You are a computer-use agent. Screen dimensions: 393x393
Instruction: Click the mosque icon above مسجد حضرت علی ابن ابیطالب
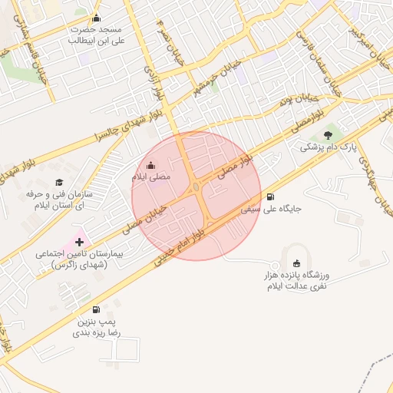click(x=96, y=19)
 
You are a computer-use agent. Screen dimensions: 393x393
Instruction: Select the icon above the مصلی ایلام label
click(x=150, y=165)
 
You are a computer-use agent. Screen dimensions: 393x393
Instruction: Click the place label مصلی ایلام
click(x=150, y=177)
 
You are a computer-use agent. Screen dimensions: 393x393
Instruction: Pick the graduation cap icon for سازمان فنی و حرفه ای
click(x=59, y=183)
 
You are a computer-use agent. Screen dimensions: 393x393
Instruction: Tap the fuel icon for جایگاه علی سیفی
click(x=269, y=196)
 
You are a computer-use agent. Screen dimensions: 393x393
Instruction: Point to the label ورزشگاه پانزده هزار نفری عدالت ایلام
click(x=296, y=281)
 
